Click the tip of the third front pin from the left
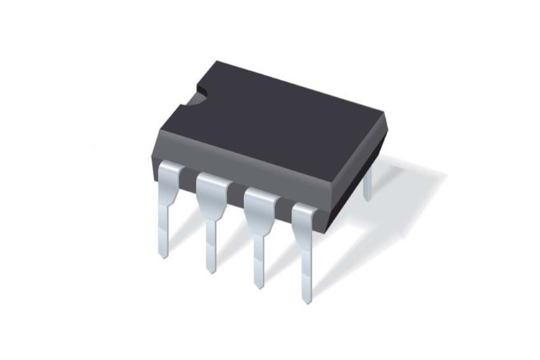258,286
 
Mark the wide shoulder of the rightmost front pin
305,214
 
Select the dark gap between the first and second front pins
189,178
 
